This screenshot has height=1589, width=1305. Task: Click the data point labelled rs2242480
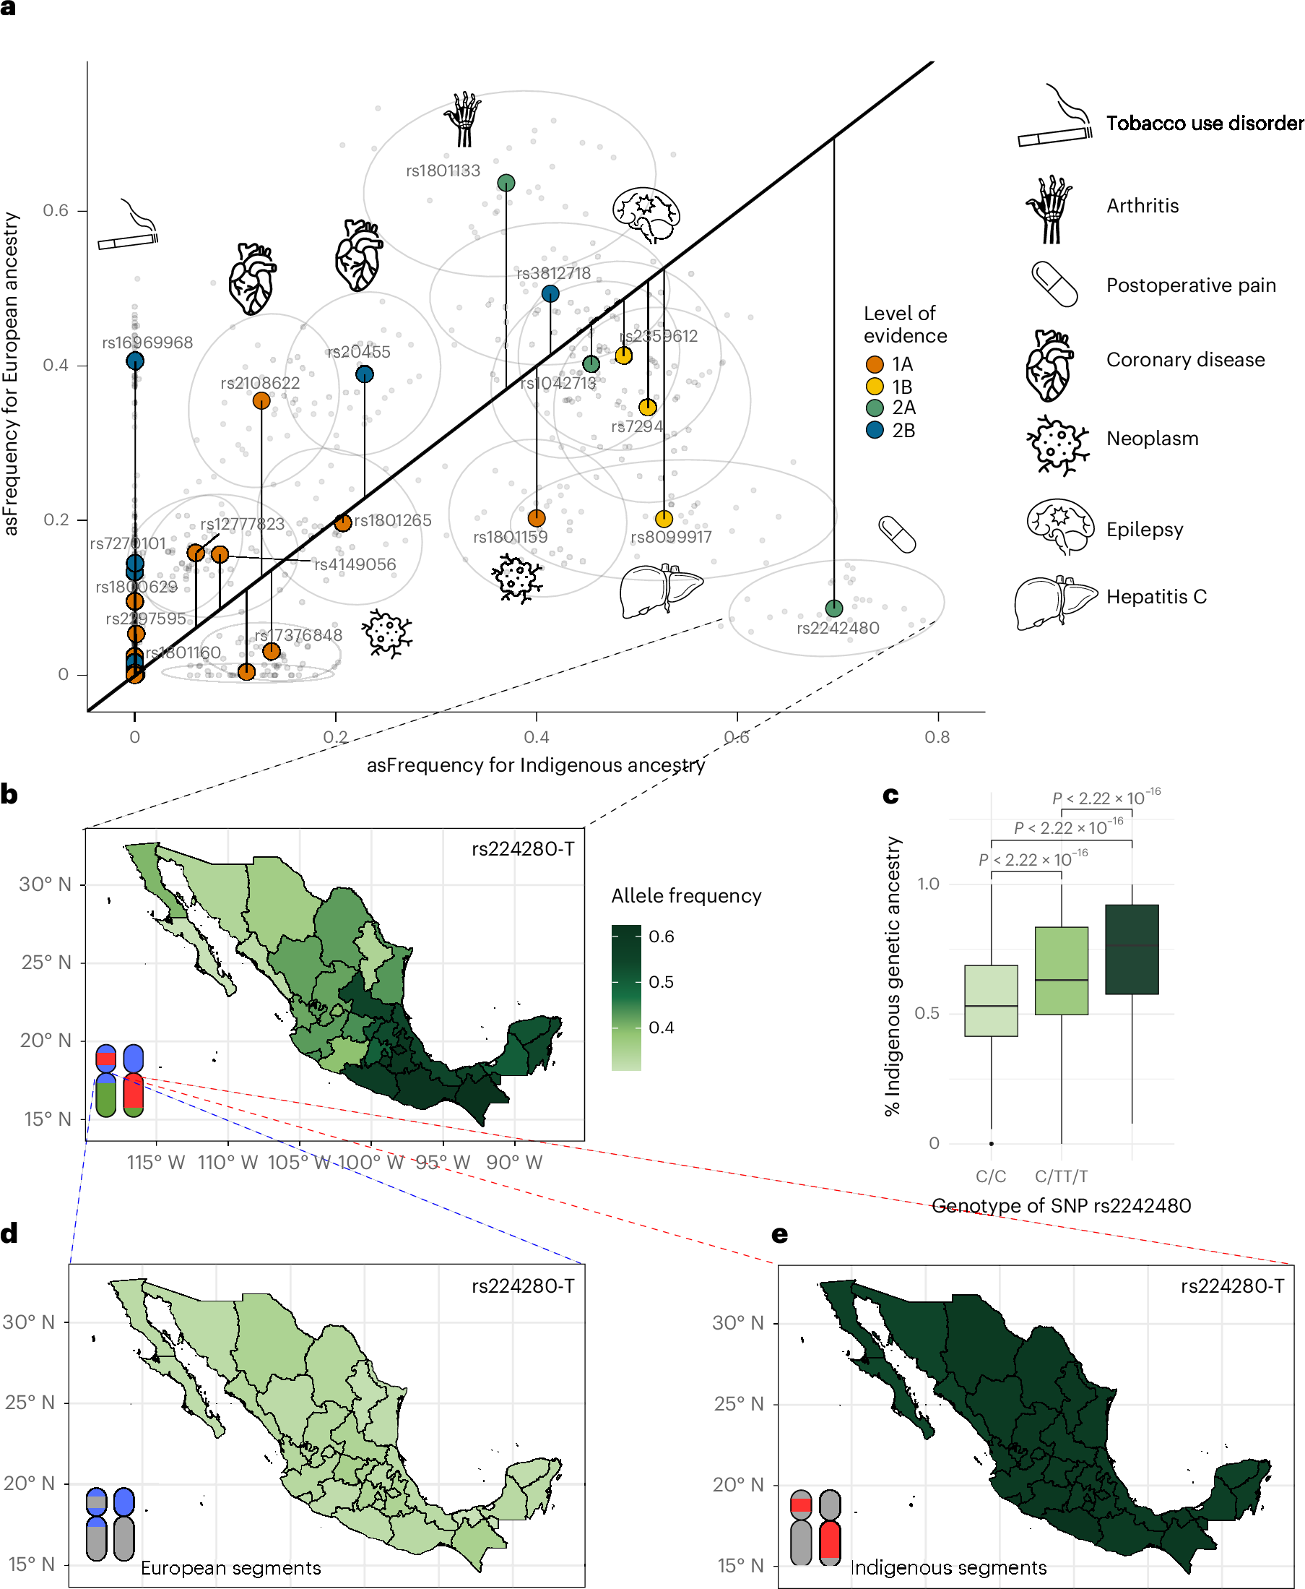coord(833,608)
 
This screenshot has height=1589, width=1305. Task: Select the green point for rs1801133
coord(506,183)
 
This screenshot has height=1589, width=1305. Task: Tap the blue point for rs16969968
coord(134,361)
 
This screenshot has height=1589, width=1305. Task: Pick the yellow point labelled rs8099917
coord(664,519)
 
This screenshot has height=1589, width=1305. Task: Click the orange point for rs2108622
coord(261,401)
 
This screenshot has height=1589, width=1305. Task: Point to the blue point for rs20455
coord(365,374)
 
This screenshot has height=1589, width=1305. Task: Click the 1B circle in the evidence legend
coord(875,387)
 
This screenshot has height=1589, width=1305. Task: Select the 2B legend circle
coord(875,430)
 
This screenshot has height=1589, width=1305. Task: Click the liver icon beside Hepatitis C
coord(1055,601)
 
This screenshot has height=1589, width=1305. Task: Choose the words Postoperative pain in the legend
coord(1191,285)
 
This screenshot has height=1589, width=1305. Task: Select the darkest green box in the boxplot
coord(1132,949)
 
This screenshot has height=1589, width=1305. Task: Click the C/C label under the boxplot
coord(991,1176)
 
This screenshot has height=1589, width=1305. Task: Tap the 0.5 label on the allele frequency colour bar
coord(662,982)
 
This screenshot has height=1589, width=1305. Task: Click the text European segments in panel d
coord(231,1568)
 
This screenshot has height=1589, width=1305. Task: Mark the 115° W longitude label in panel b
coord(155,1163)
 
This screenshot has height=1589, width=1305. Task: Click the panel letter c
coord(890,795)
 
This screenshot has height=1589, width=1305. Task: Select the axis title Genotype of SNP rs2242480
coord(1062,1206)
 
